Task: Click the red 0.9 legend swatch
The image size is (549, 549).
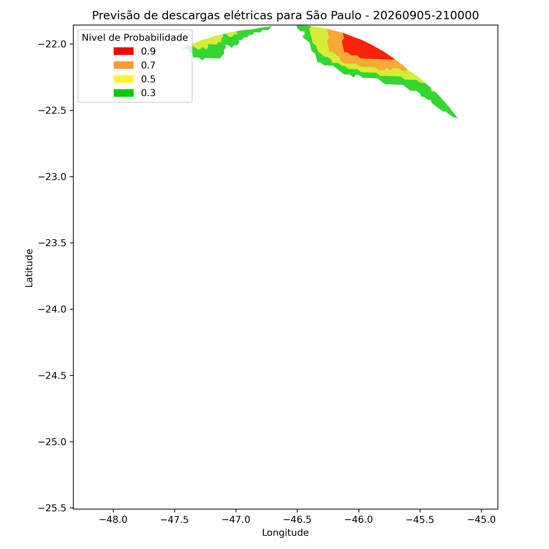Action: (x=123, y=51)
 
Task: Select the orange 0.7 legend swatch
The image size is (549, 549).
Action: (x=123, y=65)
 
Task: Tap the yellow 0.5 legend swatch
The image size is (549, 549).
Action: (x=123, y=79)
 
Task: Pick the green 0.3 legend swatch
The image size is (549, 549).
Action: (x=123, y=93)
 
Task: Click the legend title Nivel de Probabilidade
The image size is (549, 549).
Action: (x=135, y=38)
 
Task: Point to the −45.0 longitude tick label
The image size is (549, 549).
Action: (x=481, y=520)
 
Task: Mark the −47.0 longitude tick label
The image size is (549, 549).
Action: (x=236, y=520)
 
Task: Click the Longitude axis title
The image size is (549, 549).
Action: (x=285, y=533)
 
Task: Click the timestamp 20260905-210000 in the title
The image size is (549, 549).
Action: (x=426, y=15)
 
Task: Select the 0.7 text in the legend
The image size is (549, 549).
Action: (x=148, y=65)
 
